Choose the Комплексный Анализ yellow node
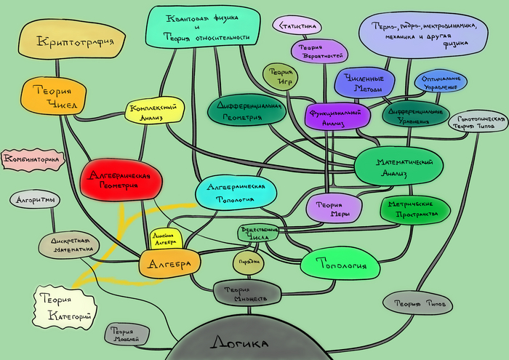click(153, 111)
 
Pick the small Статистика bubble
click(297, 26)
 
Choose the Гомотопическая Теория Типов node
click(478, 122)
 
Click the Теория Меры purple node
click(333, 208)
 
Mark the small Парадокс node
click(247, 263)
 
